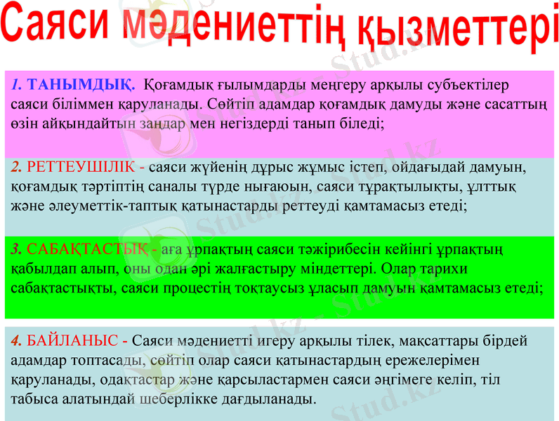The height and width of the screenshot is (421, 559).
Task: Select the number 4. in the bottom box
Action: [17, 342]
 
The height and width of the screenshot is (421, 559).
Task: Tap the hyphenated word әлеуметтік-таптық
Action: [95, 206]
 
